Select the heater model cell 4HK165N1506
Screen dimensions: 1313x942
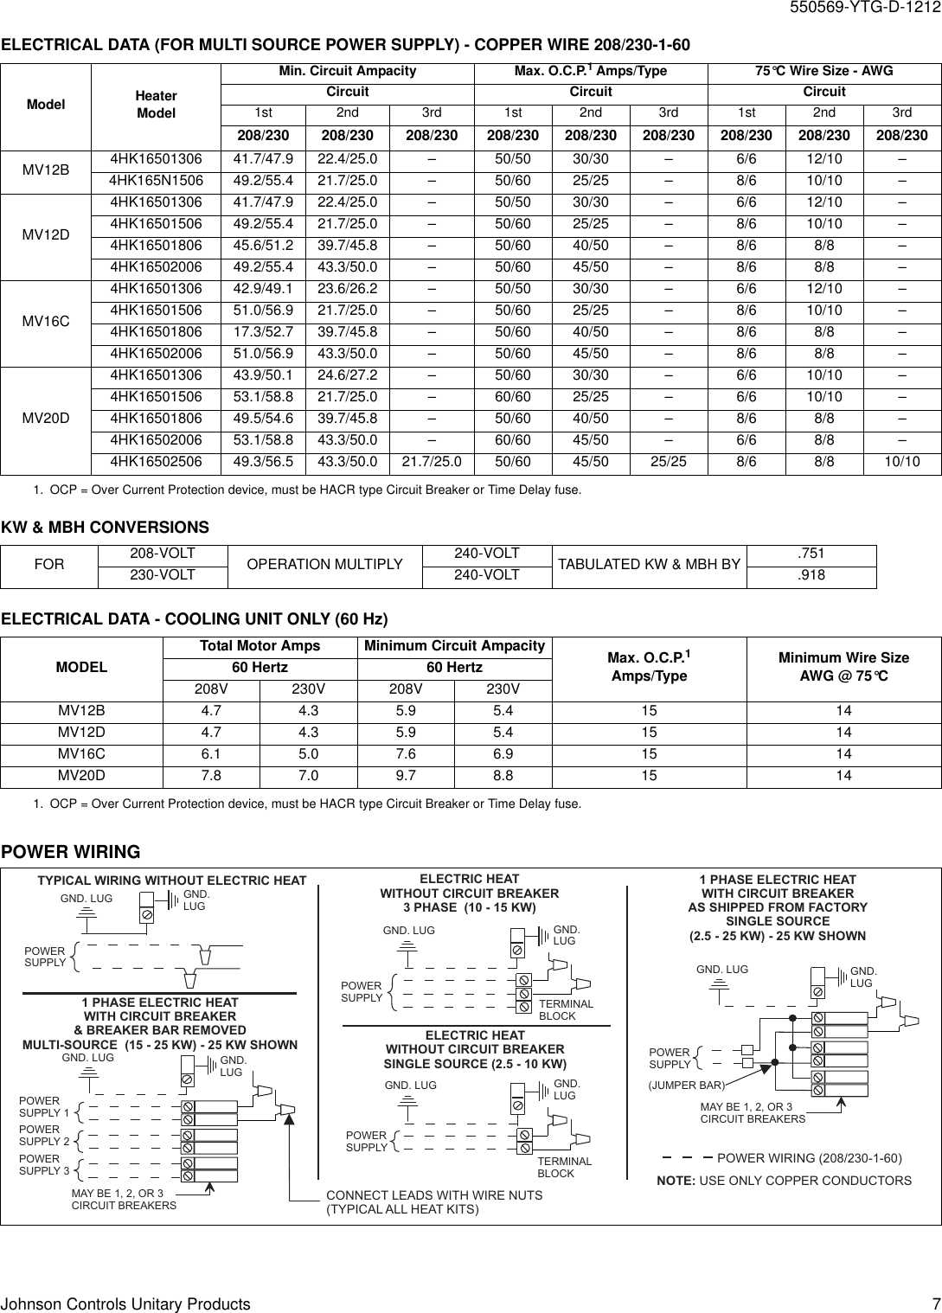click(157, 181)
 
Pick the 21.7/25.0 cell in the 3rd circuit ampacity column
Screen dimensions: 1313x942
click(432, 462)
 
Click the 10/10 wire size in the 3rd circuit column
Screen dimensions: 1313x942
click(901, 462)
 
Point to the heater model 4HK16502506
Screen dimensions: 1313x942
click(157, 462)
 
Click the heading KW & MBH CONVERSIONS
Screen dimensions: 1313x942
click(105, 528)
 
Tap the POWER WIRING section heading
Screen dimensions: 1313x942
click(70, 852)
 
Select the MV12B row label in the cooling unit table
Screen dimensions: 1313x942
click(81, 711)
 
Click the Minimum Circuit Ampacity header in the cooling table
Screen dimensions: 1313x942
click(454, 646)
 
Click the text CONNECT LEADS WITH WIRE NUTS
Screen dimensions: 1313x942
click(434, 1195)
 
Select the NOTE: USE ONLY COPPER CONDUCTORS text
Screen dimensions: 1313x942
click(784, 1181)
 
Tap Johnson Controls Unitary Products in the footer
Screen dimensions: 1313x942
click(126, 1303)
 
